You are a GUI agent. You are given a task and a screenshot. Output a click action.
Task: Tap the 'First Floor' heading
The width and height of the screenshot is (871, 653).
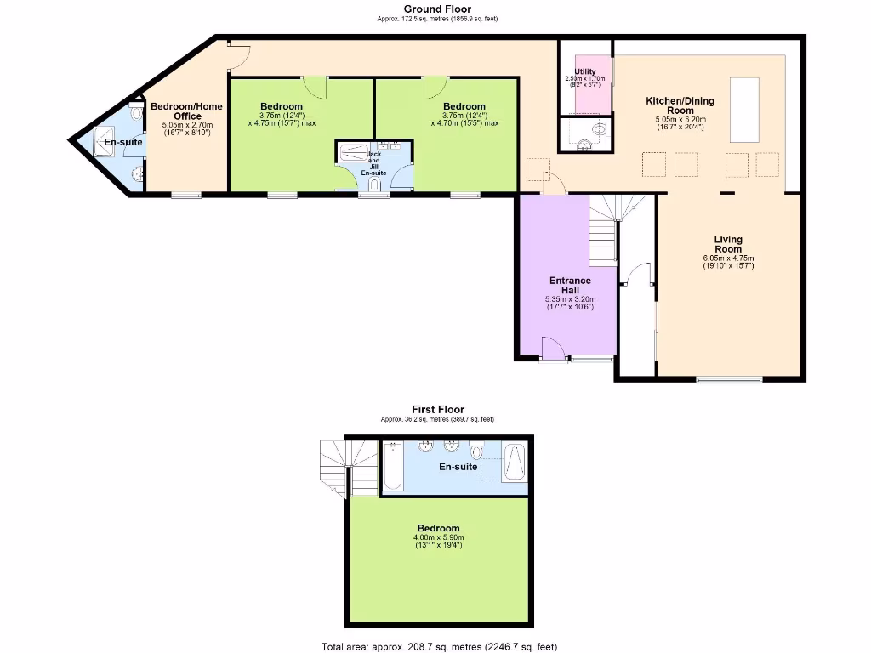click(x=437, y=410)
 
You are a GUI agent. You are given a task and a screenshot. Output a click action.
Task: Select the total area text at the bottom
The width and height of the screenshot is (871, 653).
click(x=439, y=646)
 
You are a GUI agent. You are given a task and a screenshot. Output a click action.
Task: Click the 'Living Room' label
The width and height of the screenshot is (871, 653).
click(x=728, y=244)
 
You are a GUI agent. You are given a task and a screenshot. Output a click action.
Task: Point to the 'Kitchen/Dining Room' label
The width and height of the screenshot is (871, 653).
click(x=680, y=105)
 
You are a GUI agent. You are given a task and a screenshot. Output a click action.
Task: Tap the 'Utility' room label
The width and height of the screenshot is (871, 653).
click(x=584, y=72)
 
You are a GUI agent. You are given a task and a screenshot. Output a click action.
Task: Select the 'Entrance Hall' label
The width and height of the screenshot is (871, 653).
click(x=570, y=285)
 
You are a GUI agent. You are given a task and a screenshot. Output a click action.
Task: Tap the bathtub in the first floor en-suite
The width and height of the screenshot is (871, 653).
click(x=392, y=467)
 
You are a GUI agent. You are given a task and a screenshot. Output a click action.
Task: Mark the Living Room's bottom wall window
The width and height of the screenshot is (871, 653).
click(x=730, y=378)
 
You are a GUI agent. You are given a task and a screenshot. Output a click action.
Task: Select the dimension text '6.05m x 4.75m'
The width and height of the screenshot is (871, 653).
click(x=728, y=258)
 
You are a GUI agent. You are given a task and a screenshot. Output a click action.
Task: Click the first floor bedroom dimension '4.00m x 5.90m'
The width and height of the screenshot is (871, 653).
click(x=439, y=537)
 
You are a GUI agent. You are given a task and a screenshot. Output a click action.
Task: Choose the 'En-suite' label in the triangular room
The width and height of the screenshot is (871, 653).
click(x=123, y=142)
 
